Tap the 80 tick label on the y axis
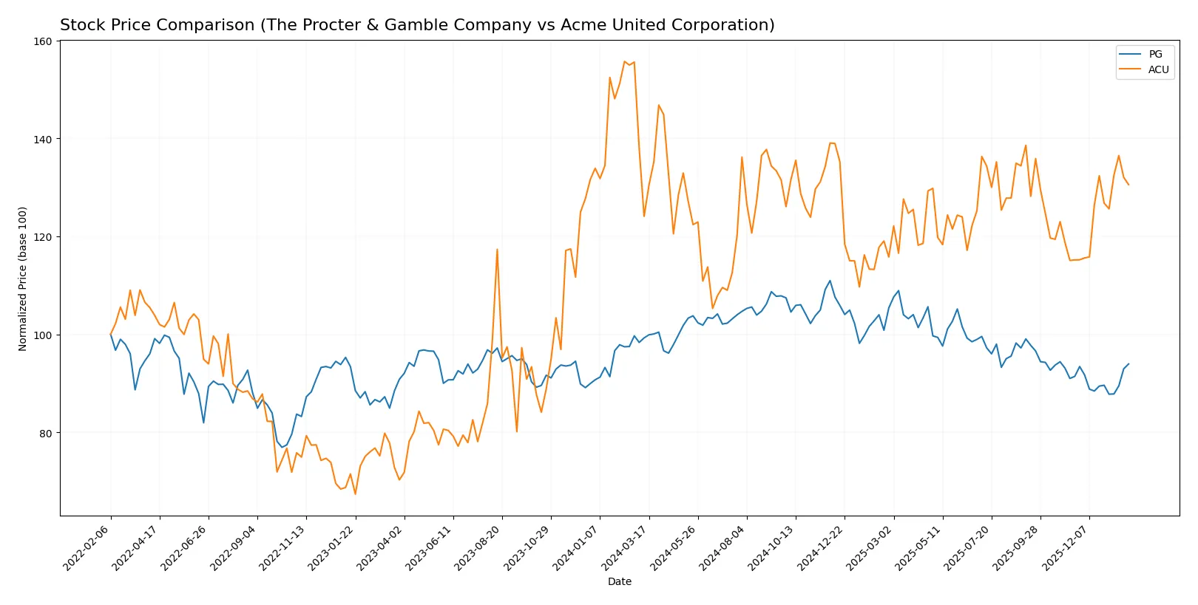pos(45,433)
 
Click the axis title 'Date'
pos(619,581)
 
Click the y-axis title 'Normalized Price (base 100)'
pos(23,278)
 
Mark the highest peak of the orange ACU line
pos(625,61)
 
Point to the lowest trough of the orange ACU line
pos(355,493)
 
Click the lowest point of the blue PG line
pos(282,448)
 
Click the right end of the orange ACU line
pos(1128,185)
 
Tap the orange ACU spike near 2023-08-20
pos(497,250)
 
